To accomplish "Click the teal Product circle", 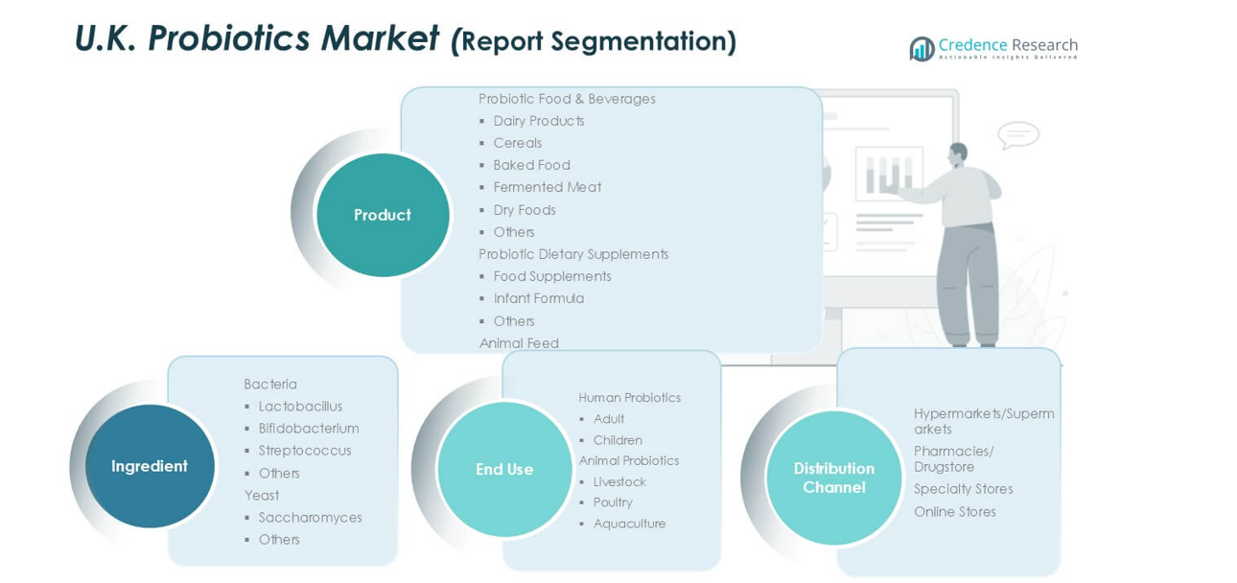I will [x=383, y=215].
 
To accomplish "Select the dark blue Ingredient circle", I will [x=150, y=466].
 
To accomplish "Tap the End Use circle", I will [x=504, y=469].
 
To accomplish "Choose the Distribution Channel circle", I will [x=833, y=478].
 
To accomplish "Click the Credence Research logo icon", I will [x=922, y=49].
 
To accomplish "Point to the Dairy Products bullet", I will [x=538, y=121].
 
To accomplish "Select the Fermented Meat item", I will [x=547, y=187].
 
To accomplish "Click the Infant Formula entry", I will [x=538, y=298].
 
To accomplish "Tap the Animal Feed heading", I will [x=519, y=343].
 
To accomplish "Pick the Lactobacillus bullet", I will [x=300, y=407].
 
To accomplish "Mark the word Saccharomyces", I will [x=310, y=518].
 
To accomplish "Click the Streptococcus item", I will [x=304, y=451].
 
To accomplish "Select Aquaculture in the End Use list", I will [x=629, y=524].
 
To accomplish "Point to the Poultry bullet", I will [x=613, y=502].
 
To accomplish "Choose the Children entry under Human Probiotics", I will [x=618, y=440].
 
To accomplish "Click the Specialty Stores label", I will [x=963, y=489].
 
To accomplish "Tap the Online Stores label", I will [x=954, y=512].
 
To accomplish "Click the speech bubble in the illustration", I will [x=1017, y=134].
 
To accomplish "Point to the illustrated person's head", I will [x=957, y=154].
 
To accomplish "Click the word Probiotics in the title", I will [x=229, y=38].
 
